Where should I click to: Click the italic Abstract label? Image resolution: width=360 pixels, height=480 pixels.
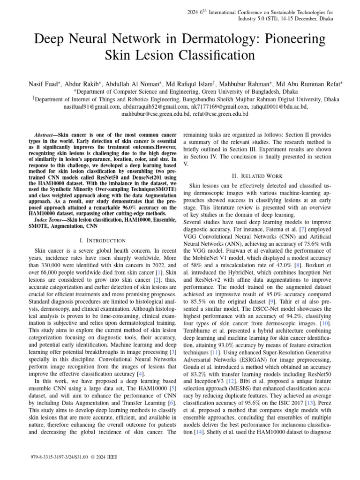(x=46, y=134)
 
